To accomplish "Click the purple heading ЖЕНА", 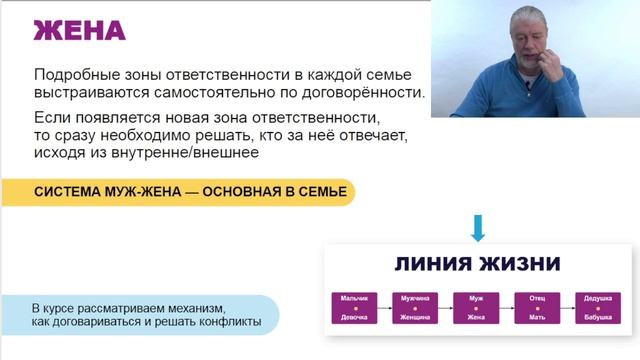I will click(80, 30).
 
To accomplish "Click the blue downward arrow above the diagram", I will click(477, 229).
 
